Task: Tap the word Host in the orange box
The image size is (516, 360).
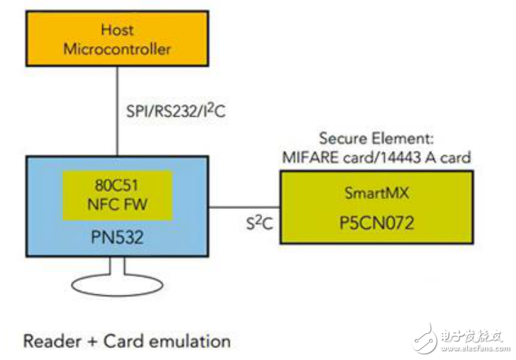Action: pos(117,30)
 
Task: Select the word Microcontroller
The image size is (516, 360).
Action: pos(118,49)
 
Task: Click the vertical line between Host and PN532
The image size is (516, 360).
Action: pos(117,113)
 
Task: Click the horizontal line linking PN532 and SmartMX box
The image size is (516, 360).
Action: pos(245,208)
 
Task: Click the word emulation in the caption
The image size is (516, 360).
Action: pos(192,341)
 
